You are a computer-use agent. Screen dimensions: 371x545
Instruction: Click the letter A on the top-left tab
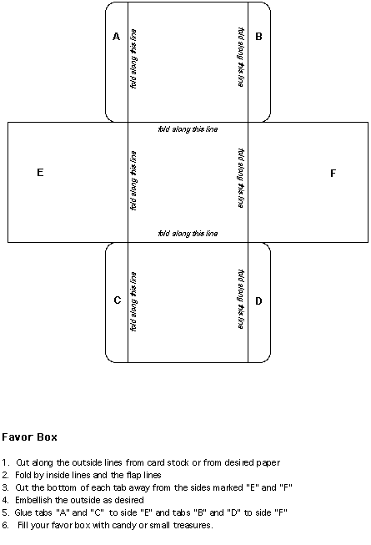click(x=116, y=37)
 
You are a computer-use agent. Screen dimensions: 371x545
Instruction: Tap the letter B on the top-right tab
click(x=258, y=37)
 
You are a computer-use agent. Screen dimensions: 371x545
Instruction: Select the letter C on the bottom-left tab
click(x=118, y=300)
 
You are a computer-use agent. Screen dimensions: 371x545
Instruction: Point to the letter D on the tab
click(x=258, y=301)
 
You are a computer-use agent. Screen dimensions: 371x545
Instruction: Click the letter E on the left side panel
click(x=40, y=173)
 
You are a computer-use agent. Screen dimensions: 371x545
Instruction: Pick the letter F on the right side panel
click(x=333, y=173)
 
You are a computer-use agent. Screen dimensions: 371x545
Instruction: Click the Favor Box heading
click(x=29, y=437)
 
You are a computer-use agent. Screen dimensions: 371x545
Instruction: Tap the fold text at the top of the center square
click(x=188, y=129)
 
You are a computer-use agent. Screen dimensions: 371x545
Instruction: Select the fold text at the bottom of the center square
click(x=188, y=233)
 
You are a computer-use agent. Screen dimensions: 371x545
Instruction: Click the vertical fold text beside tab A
click(x=133, y=58)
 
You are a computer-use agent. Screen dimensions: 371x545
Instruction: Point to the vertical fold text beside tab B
click(x=241, y=58)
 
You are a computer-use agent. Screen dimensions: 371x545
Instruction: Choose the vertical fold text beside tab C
click(x=133, y=301)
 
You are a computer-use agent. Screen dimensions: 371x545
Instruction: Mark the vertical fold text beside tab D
click(x=241, y=300)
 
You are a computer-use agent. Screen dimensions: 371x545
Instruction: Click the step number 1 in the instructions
click(x=4, y=462)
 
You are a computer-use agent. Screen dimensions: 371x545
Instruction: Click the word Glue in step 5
click(x=23, y=512)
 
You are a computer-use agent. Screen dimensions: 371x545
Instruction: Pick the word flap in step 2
click(x=133, y=475)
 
